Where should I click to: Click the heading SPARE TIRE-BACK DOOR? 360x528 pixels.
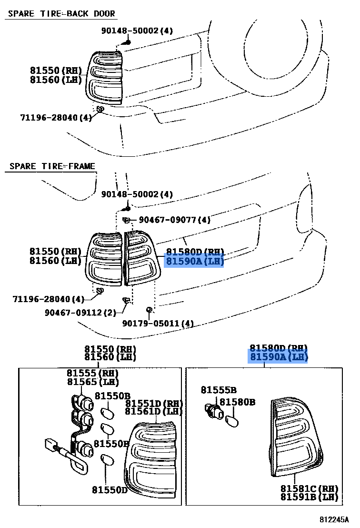[x=61, y=13]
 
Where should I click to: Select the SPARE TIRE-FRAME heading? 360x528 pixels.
[x=52, y=166]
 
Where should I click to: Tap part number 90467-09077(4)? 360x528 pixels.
[x=175, y=220]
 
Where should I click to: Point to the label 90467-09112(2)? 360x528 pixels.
[x=80, y=313]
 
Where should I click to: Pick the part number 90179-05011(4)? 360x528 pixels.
[x=158, y=324]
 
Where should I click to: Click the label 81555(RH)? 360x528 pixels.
[x=93, y=373]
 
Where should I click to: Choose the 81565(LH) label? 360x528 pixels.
[x=93, y=382]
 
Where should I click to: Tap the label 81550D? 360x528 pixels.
[x=110, y=489]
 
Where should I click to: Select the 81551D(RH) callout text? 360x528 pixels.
[x=154, y=403]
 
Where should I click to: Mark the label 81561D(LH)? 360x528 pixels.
[x=154, y=411]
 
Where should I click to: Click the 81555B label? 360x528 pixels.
[x=219, y=390]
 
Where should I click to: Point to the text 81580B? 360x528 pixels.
[x=237, y=402]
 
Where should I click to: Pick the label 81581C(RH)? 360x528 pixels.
[x=309, y=488]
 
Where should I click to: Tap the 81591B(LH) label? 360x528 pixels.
[x=309, y=498]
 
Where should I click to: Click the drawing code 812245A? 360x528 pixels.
[x=334, y=519]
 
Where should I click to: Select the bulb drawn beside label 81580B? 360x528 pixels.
[x=232, y=421]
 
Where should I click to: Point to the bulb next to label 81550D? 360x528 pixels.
[x=107, y=461]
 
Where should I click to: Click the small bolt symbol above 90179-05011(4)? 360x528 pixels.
[x=149, y=310]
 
